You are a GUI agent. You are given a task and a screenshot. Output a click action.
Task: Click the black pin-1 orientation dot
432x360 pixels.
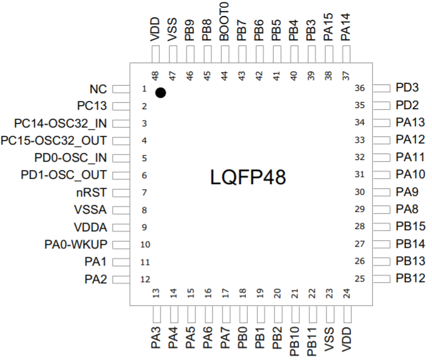tap(160, 93)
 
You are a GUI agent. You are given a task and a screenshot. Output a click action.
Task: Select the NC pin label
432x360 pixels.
tap(98, 89)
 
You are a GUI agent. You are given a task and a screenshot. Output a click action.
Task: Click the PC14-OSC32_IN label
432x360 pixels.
tap(61, 123)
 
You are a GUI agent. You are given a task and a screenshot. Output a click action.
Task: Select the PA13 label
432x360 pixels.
tap(410, 123)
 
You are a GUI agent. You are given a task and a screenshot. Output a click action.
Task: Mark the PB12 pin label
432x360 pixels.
tap(410, 278)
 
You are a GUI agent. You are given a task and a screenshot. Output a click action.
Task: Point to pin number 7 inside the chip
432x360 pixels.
tap(144, 193)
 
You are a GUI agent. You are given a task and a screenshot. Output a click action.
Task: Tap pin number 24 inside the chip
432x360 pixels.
tap(346, 292)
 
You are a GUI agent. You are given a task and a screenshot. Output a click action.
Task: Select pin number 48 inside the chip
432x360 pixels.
tap(155, 76)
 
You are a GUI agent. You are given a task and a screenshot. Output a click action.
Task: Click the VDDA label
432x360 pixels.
tap(90, 227)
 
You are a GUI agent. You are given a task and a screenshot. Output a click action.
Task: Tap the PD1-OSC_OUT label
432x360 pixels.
tap(64, 175)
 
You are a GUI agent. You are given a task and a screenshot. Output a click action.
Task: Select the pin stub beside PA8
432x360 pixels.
tap(382, 210)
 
